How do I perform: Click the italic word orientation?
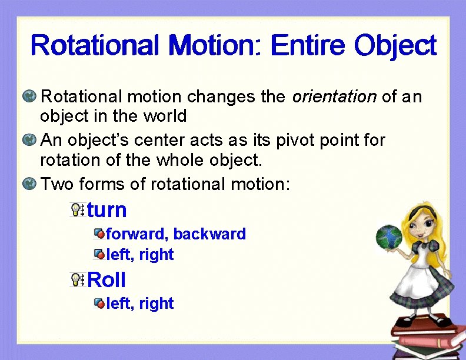click(x=334, y=96)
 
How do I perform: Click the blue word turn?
click(x=107, y=210)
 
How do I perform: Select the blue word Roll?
click(x=106, y=280)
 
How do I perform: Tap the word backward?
click(x=209, y=234)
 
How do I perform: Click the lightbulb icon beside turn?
click(x=76, y=209)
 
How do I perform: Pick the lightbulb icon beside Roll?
click(x=76, y=279)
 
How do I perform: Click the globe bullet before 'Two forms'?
click(x=29, y=184)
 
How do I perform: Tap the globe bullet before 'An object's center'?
click(x=29, y=141)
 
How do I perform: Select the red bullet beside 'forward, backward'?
click(x=99, y=234)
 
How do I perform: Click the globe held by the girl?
click(x=388, y=236)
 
